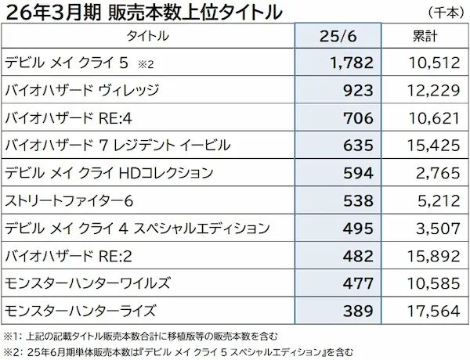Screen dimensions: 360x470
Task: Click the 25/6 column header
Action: (x=338, y=36)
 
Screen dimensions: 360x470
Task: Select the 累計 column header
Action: (x=425, y=36)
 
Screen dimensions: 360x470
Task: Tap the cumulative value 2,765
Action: (x=437, y=174)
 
